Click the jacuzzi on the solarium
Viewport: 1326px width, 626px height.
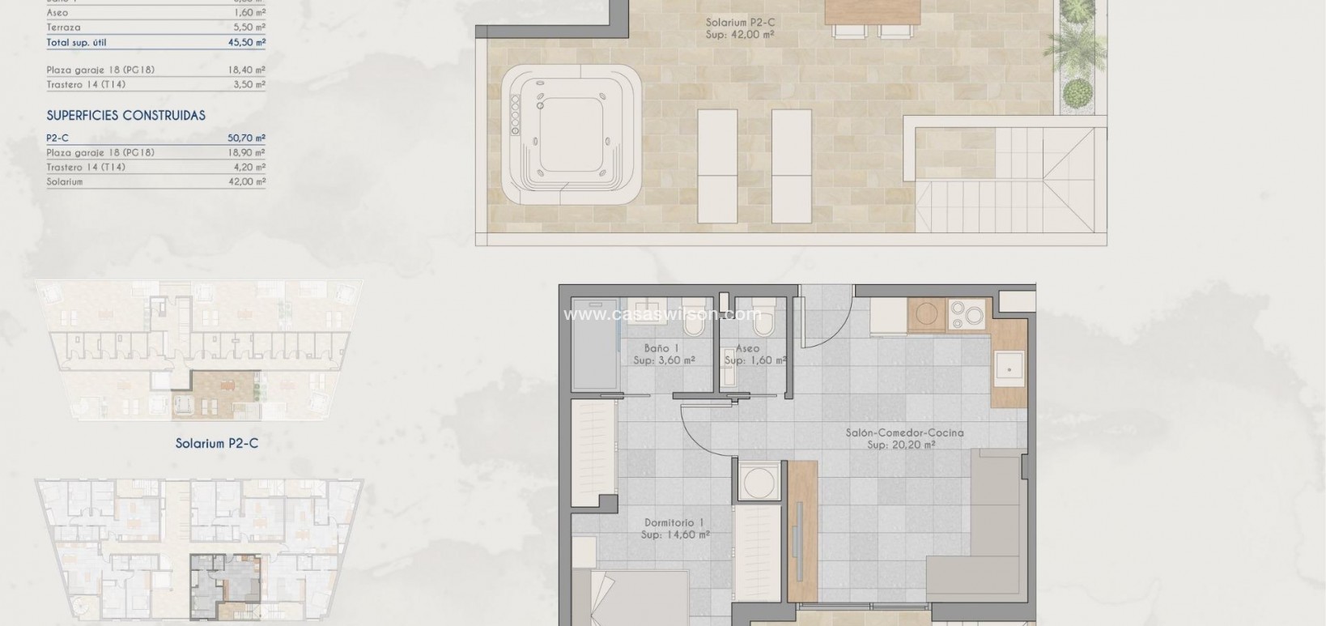coord(572,134)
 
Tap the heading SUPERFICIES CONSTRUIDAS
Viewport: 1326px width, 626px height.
coord(125,116)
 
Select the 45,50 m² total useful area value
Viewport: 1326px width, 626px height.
coord(247,42)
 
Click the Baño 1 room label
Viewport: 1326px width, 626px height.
coord(661,348)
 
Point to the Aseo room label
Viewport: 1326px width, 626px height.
coord(747,348)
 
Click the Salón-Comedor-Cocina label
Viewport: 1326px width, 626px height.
coord(904,433)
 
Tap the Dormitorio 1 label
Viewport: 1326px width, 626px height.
coord(674,522)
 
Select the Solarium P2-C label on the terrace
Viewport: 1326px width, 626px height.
coord(739,23)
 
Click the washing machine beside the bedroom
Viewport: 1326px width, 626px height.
coord(759,483)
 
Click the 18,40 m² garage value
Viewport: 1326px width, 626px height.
coord(247,70)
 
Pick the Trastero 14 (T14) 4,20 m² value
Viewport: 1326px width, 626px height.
coord(247,168)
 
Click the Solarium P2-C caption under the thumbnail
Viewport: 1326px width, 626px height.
coord(217,444)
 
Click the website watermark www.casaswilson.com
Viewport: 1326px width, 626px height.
coord(662,314)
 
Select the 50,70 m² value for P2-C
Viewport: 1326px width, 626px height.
coord(247,138)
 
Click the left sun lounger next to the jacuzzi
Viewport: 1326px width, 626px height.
coord(717,166)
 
